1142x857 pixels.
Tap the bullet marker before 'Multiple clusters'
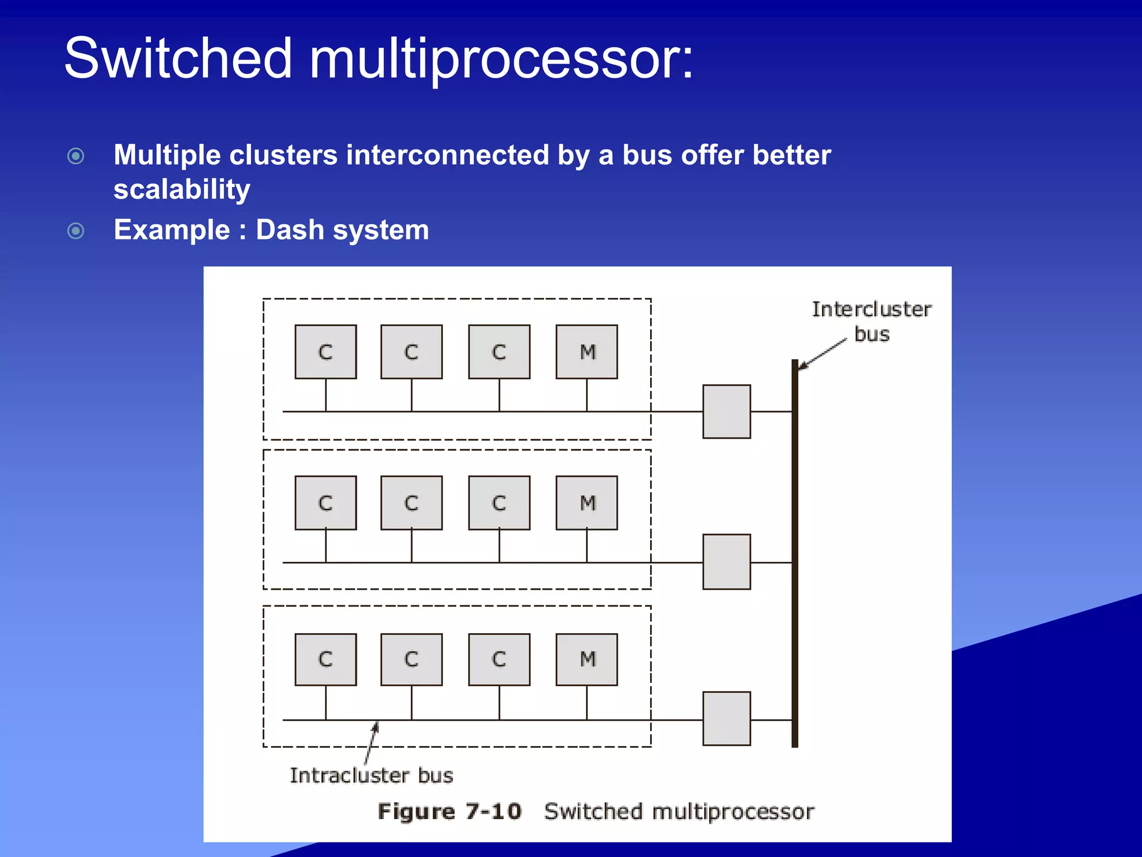[76, 156]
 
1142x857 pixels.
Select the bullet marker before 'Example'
[76, 230]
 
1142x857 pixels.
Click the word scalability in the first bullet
[182, 190]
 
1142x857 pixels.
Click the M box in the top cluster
[587, 352]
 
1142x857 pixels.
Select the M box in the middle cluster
[587, 503]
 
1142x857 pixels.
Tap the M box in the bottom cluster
[587, 659]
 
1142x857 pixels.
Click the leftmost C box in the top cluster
[326, 352]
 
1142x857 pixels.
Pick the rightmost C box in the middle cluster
[499, 503]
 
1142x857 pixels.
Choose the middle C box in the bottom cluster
[412, 659]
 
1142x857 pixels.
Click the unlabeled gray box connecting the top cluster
[726, 412]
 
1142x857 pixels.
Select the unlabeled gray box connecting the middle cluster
[726, 562]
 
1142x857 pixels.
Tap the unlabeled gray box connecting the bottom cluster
[726, 719]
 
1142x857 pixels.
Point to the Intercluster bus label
[871, 321]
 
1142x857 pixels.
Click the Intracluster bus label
[371, 776]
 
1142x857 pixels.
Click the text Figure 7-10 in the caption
[449, 811]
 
